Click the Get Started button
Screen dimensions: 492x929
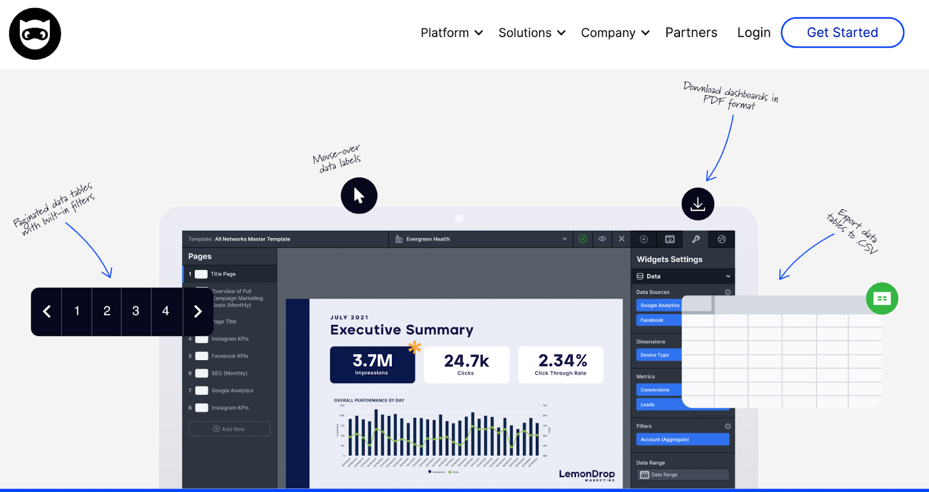pos(842,32)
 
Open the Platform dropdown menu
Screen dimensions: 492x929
pos(452,33)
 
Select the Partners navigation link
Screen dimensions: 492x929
pos(691,33)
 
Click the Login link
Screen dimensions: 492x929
pos(754,33)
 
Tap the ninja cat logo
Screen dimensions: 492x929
pos(35,34)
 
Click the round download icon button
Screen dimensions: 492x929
pos(697,204)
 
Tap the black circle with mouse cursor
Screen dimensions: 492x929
pos(359,196)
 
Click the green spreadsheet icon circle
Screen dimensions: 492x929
pos(881,299)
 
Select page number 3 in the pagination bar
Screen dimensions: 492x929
pos(136,312)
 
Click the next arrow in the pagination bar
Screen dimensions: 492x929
pos(197,312)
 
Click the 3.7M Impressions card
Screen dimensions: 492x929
pos(372,365)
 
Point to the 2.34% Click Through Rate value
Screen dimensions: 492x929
pos(562,361)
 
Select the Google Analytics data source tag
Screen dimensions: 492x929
pos(660,305)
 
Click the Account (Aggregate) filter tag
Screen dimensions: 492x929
pos(682,440)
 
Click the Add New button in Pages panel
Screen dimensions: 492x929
pos(229,429)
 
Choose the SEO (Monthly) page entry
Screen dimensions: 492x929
pos(229,374)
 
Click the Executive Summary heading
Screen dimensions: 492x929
pos(402,330)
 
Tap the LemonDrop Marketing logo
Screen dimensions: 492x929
pos(586,475)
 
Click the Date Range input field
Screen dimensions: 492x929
pos(682,475)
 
